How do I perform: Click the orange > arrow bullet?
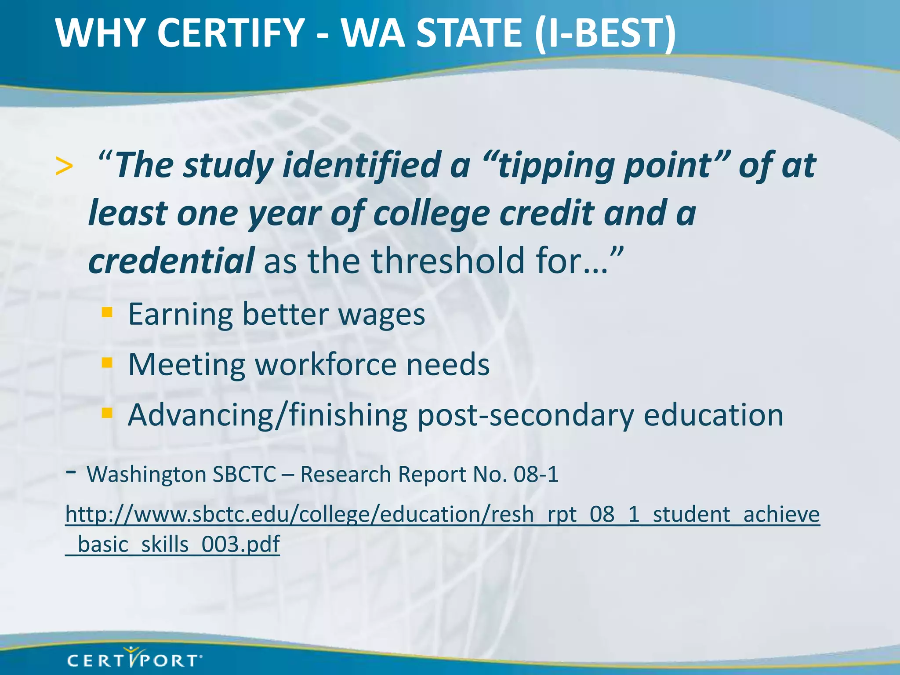[64, 167]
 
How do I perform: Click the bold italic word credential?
[171, 261]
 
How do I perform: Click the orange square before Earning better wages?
[107, 312]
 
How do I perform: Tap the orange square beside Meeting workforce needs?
[107, 363]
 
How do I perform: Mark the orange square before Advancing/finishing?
[107, 413]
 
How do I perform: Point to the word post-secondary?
[526, 415]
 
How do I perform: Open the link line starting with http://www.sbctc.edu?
[442, 514]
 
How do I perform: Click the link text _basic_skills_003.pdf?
[172, 544]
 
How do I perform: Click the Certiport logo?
[134, 659]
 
